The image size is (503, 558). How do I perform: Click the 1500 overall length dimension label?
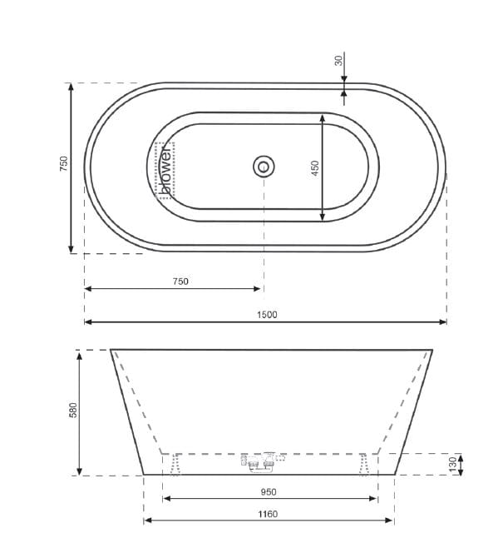coord(266,314)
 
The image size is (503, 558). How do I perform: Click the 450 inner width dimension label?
coord(315,168)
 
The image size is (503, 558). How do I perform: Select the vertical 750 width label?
coord(63,164)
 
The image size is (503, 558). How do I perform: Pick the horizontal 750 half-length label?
coord(180,281)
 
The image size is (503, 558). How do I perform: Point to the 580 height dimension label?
coord(72,411)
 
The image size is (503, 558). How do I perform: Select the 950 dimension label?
coord(269,491)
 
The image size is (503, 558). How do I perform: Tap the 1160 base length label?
coord(268,514)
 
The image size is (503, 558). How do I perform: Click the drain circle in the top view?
coord(264,167)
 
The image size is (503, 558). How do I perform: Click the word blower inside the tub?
coord(165,170)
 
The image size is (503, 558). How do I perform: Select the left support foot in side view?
coord(174,465)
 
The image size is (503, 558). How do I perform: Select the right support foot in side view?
coord(363,465)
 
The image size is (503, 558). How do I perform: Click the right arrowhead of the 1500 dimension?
coord(442,321)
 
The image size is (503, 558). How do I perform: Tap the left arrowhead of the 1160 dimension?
coord(148,521)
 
